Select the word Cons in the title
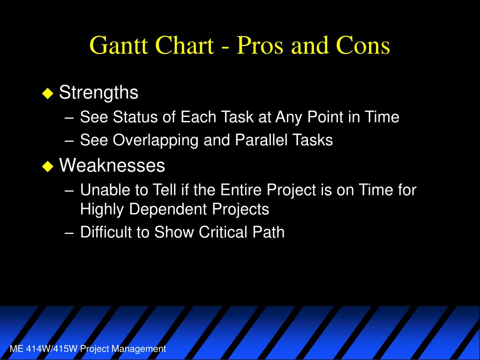click(x=363, y=45)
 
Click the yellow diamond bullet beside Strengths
click(x=47, y=93)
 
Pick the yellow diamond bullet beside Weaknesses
click(x=47, y=166)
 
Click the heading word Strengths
click(x=98, y=92)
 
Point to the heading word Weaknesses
click(x=112, y=165)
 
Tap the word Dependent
click(x=168, y=210)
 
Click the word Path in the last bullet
click(x=269, y=232)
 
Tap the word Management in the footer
click(x=138, y=349)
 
